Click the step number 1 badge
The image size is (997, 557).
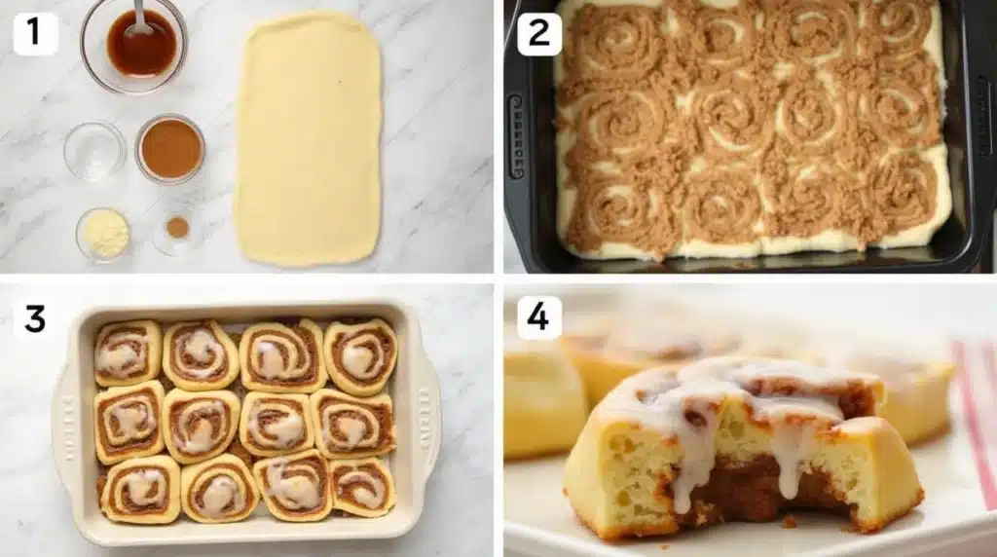tap(35, 34)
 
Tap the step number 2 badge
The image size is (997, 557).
tap(539, 34)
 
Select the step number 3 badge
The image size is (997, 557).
tap(35, 317)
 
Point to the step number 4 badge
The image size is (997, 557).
tap(539, 317)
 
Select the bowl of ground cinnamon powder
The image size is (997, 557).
tap(170, 149)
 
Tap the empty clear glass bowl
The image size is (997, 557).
tap(94, 150)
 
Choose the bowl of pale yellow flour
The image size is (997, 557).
tap(103, 234)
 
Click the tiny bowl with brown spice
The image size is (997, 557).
tap(176, 229)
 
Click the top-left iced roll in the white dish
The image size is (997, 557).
tap(128, 353)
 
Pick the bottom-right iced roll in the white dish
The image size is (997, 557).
tap(362, 485)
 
